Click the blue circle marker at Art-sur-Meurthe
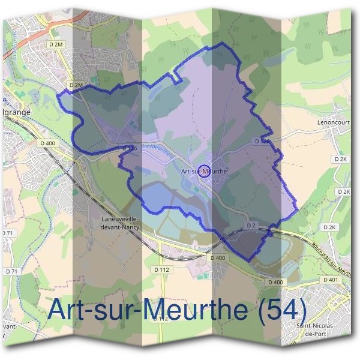204,171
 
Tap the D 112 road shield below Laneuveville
162,271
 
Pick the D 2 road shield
251,225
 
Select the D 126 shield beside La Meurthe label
130,148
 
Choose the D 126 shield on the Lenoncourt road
262,141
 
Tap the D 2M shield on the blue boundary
76,86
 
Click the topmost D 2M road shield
55,44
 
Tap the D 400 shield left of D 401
275,282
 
